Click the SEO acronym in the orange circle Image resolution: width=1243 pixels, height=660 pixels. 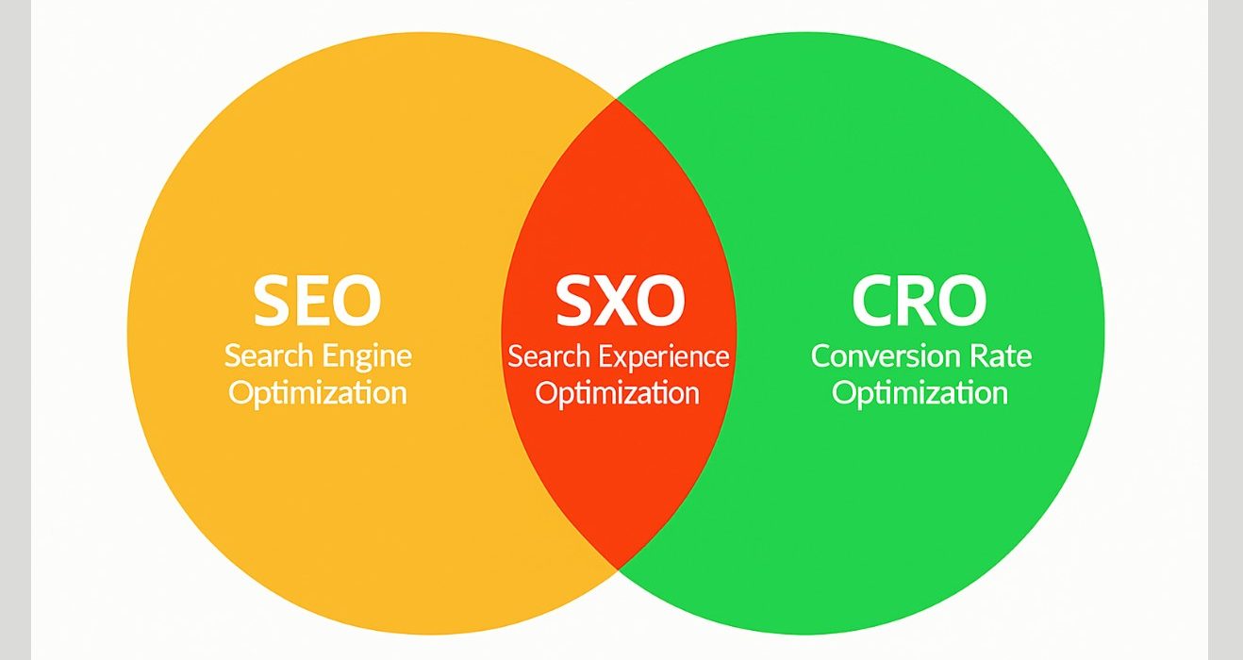pos(317,301)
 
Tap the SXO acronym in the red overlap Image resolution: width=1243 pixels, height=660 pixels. pos(620,301)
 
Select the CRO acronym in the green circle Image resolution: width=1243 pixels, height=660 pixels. pos(919,301)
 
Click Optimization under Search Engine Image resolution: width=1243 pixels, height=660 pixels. pos(318,394)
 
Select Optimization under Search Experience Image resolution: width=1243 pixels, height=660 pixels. pos(617,394)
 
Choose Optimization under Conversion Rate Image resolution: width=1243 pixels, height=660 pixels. pos(920,394)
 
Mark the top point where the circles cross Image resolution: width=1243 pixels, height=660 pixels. pos(616,99)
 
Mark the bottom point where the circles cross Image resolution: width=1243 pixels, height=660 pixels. pos(617,569)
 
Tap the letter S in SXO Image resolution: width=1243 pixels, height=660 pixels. pos(573,301)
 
